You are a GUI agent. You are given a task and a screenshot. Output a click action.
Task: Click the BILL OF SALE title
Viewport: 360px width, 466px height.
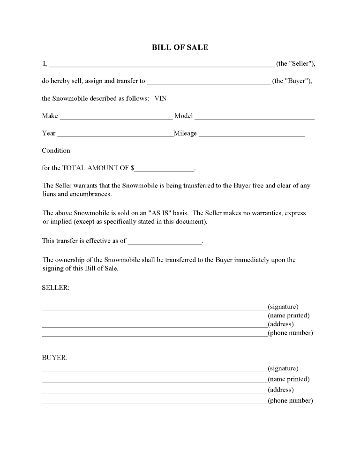[x=180, y=47]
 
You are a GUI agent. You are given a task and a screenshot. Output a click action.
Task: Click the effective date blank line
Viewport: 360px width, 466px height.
[x=165, y=242]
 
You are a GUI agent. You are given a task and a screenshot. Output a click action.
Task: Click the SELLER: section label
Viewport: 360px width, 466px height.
[x=55, y=287]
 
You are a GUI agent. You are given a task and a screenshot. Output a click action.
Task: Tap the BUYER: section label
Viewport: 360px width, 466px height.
[x=55, y=358]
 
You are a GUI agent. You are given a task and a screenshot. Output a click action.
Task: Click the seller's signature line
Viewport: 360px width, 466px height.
[x=154, y=309]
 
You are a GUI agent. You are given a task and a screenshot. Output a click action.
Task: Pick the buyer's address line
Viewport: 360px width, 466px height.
[x=154, y=392]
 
